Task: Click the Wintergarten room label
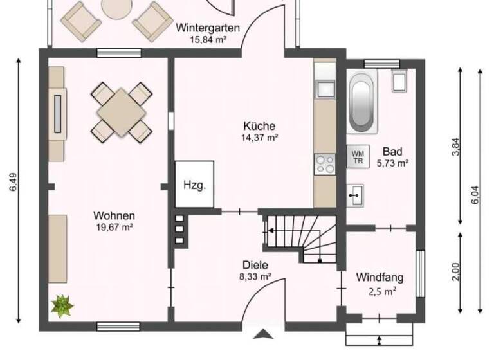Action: [x=208, y=28]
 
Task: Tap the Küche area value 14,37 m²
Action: [x=260, y=138]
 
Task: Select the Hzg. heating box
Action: [x=194, y=185]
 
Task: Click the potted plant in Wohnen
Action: [x=62, y=305]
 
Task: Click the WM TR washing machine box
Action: [x=358, y=156]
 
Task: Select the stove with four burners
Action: [x=324, y=165]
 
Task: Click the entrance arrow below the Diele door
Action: [x=262, y=333]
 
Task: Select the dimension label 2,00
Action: [x=456, y=273]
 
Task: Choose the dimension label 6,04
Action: [x=476, y=192]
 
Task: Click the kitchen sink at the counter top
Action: [x=324, y=87]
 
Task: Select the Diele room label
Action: [x=255, y=265]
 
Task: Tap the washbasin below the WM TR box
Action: [x=355, y=192]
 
